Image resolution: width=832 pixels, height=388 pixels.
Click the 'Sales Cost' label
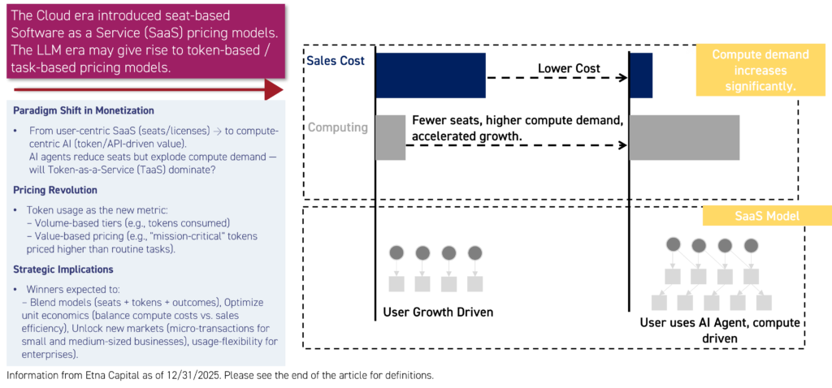[335, 61]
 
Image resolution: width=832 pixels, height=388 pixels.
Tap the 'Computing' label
[337, 127]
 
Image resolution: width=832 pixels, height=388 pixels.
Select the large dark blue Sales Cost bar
[431, 75]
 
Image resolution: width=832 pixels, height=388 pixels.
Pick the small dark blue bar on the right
[641, 75]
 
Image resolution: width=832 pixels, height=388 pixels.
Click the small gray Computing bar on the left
[390, 136]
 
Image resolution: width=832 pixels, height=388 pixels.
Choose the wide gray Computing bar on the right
[684, 137]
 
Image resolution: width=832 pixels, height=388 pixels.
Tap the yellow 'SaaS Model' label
[767, 215]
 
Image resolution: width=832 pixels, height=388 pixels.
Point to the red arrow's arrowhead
[276, 89]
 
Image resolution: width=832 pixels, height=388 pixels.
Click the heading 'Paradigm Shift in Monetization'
[84, 110]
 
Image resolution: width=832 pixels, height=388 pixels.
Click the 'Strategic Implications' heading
[63, 269]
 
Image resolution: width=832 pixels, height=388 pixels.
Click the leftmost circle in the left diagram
[396, 252]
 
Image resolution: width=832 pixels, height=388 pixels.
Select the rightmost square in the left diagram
[474, 283]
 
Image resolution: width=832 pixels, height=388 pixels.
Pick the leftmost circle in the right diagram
[673, 244]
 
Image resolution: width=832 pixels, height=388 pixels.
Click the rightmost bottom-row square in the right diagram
[763, 302]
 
